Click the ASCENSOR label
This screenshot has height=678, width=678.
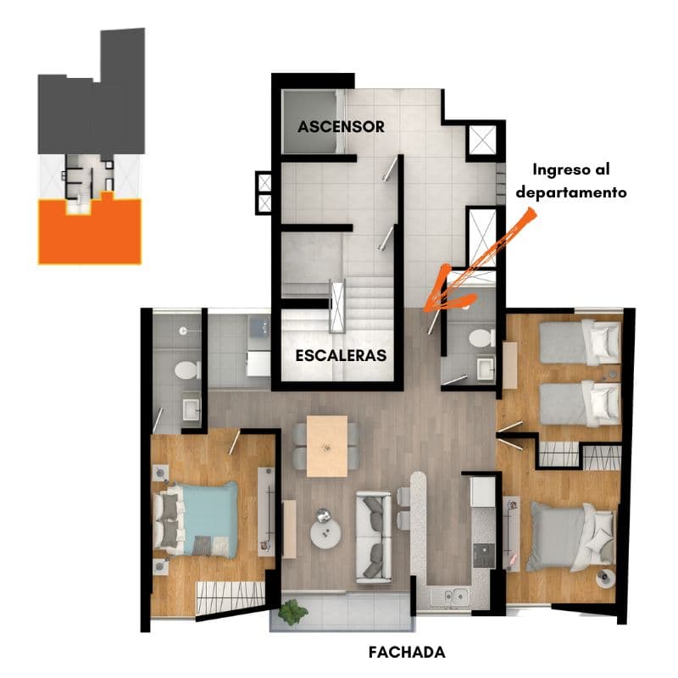click(342, 126)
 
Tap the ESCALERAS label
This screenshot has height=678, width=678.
click(341, 355)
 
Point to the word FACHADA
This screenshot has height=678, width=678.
click(407, 652)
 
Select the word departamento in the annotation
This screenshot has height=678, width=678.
click(571, 192)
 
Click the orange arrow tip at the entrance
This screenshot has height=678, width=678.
click(425, 311)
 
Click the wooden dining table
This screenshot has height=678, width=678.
click(327, 447)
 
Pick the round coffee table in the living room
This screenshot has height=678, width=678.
click(325, 533)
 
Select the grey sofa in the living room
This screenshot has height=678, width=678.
click(374, 537)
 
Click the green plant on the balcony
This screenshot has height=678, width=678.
click(292, 611)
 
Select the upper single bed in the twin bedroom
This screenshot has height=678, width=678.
click(580, 342)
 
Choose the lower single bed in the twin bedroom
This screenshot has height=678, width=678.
click(580, 403)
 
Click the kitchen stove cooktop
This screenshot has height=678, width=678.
click(484, 556)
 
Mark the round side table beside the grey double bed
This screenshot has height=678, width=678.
click(605, 578)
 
